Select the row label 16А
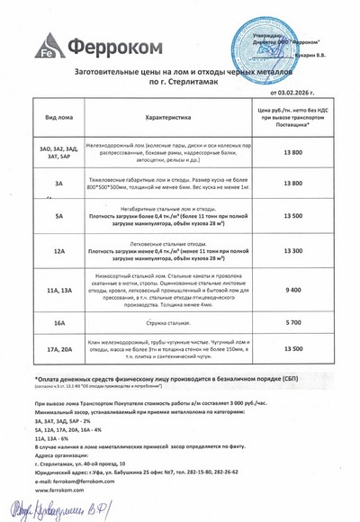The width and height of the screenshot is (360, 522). point(59,321)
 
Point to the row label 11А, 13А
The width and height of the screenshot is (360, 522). point(59,290)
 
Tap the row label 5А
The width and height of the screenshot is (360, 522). point(59,216)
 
